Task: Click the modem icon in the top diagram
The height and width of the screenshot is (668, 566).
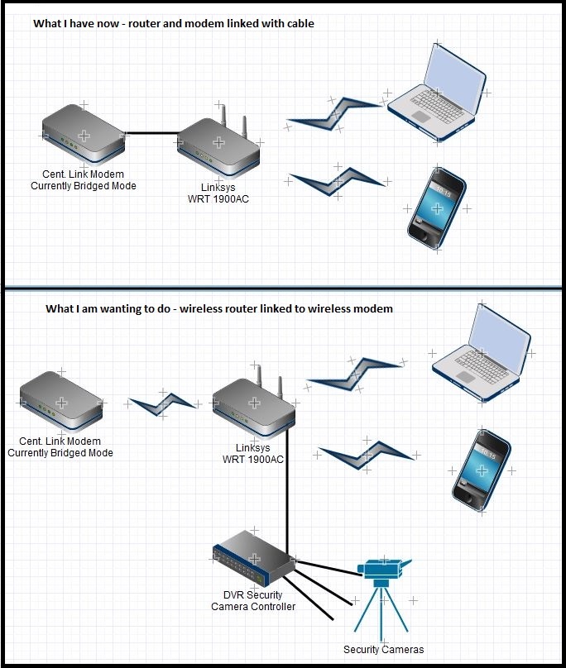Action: click(83, 136)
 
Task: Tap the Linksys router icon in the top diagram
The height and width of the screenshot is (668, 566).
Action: click(218, 141)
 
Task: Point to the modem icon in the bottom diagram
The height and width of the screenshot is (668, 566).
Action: click(60, 399)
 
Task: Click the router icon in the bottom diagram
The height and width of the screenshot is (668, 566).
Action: click(252, 401)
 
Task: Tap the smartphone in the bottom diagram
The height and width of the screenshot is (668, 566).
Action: click(482, 470)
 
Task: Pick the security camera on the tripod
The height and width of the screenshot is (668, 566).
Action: click(383, 570)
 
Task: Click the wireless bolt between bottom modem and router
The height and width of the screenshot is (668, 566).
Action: click(163, 403)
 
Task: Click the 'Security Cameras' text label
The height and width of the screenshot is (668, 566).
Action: click(383, 649)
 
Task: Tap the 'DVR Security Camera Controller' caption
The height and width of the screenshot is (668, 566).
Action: click(252, 601)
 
